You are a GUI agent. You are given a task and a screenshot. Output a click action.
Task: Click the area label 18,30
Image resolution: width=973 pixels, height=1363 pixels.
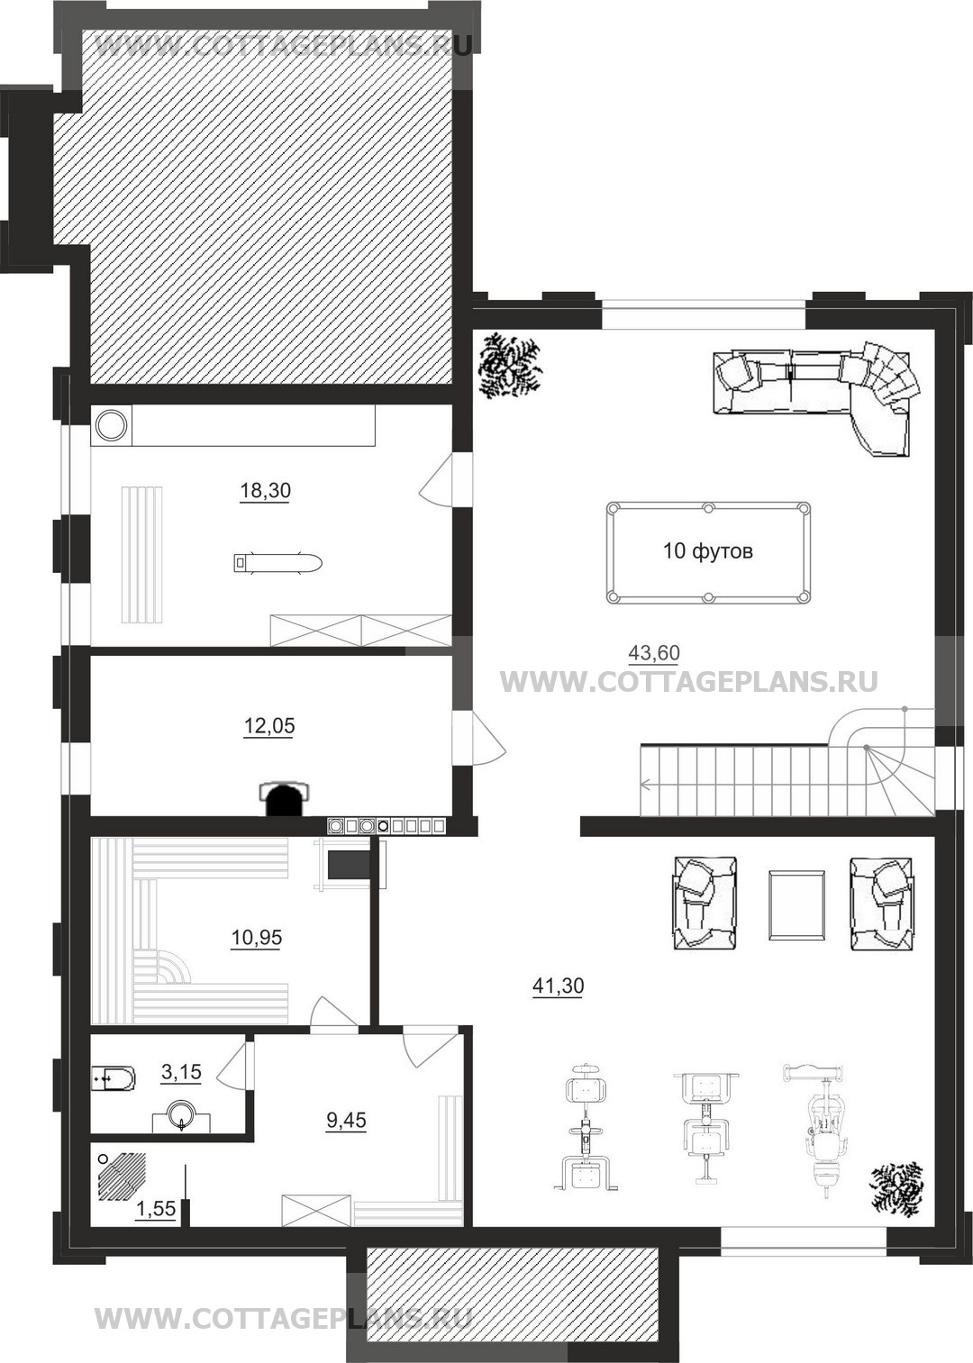click(265, 490)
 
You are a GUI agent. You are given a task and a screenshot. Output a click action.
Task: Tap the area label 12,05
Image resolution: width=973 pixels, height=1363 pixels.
click(269, 726)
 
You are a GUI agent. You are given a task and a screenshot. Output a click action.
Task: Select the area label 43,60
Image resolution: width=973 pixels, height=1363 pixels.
click(653, 653)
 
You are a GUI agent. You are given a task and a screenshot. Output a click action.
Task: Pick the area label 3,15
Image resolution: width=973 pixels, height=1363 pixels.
click(181, 1071)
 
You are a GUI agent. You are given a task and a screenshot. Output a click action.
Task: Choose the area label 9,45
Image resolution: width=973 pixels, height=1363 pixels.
click(346, 1119)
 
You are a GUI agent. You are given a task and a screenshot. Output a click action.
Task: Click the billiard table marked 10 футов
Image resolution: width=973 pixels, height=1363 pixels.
click(708, 552)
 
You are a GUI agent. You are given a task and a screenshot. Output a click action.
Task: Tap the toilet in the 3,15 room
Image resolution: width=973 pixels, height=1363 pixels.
click(114, 1077)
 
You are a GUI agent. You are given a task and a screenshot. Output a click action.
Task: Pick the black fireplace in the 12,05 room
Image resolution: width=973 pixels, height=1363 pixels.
click(286, 798)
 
